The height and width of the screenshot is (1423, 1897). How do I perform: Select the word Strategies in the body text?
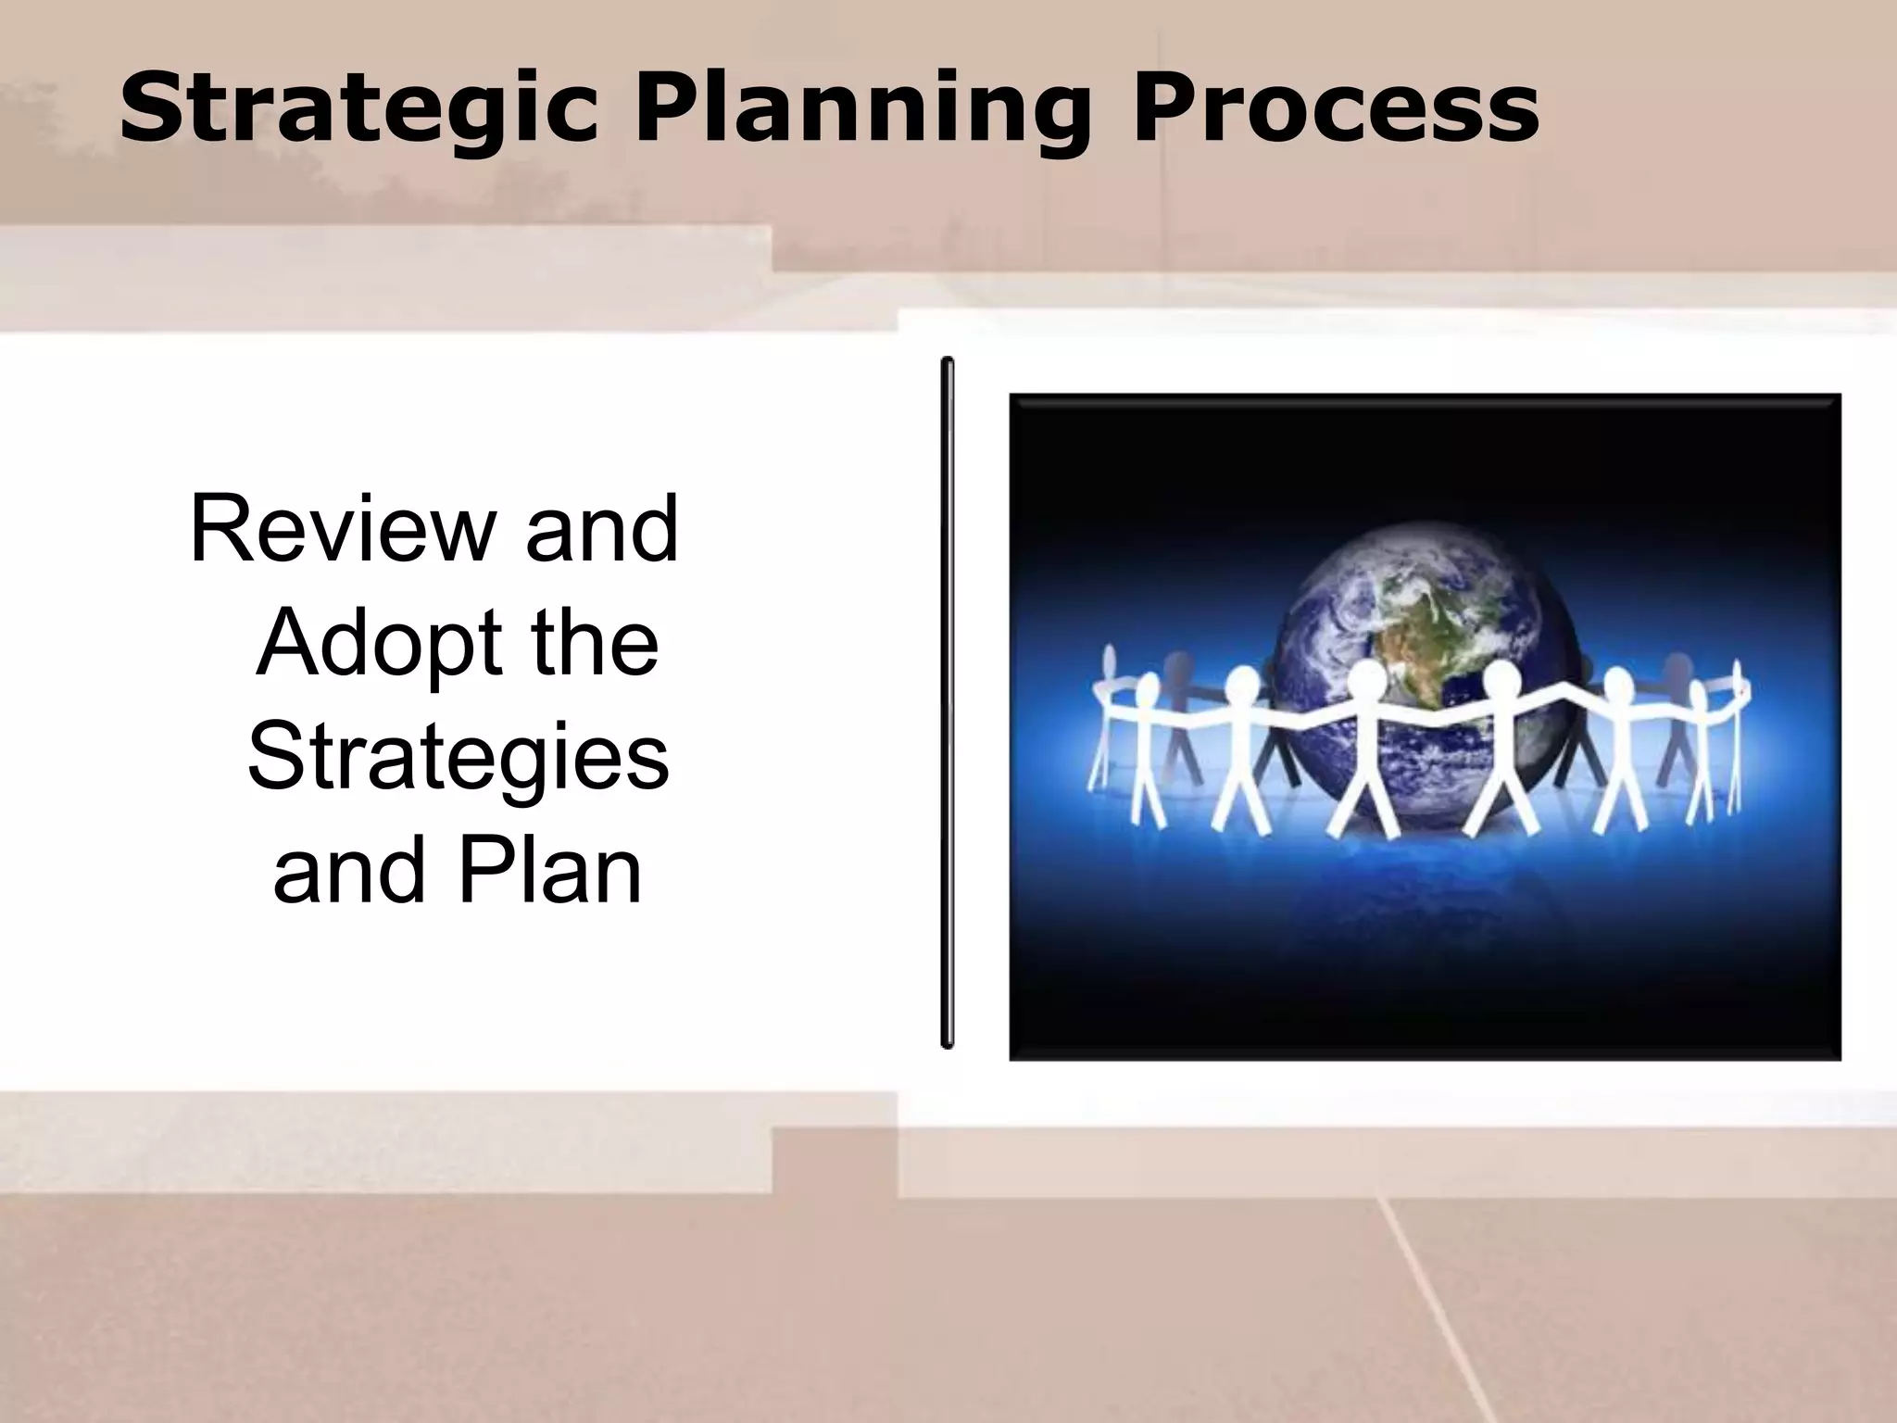tap(458, 757)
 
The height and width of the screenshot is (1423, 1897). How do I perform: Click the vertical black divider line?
tap(947, 704)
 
